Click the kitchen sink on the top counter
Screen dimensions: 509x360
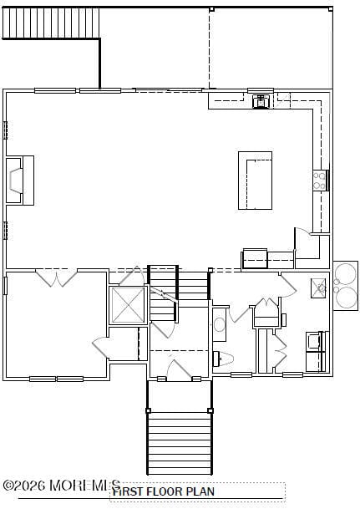(x=261, y=100)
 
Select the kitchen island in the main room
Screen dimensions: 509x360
(x=255, y=180)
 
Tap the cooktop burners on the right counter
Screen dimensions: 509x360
(x=320, y=180)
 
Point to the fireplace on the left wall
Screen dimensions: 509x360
(x=19, y=180)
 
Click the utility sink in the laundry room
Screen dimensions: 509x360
(x=318, y=288)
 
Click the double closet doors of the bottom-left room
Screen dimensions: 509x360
(x=57, y=277)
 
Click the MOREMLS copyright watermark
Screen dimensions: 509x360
(x=60, y=486)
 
